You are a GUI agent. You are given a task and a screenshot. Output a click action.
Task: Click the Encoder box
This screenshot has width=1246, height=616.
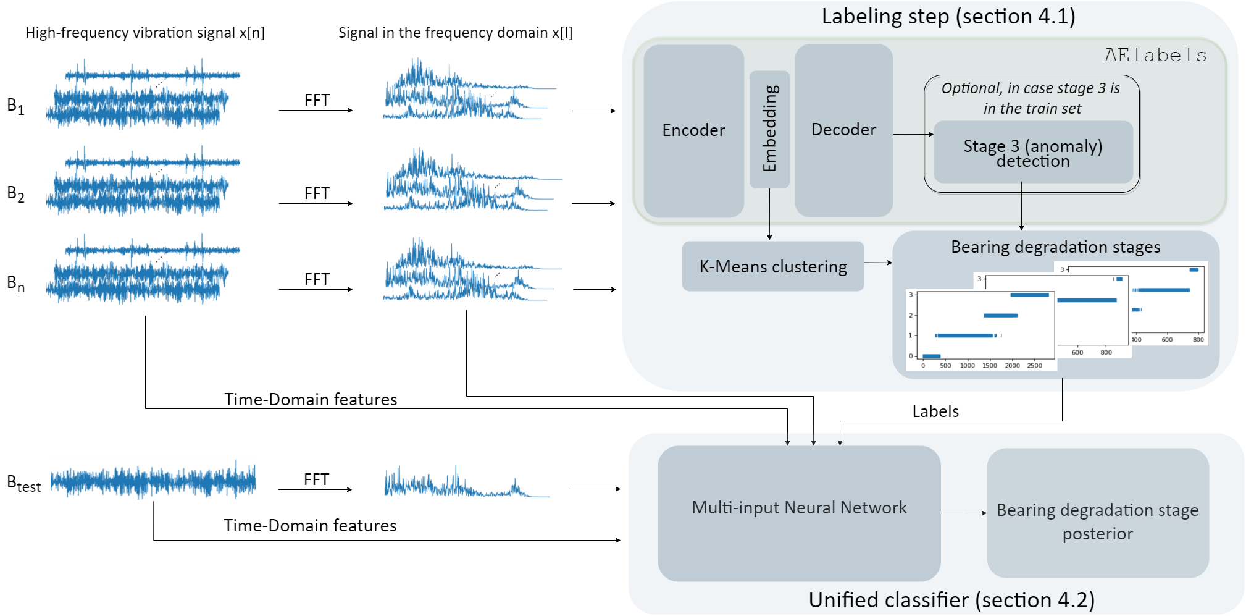[693, 130]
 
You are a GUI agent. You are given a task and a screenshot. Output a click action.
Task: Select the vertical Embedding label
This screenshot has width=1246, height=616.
[769, 129]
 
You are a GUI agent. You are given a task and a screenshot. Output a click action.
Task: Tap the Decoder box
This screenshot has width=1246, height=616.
[843, 130]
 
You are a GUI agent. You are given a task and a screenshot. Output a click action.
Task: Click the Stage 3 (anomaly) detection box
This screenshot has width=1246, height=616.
[1033, 153]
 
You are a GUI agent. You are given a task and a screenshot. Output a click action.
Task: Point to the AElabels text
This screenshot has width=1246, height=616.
[1155, 56]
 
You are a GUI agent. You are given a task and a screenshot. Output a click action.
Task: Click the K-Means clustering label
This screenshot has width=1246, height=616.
[773, 267]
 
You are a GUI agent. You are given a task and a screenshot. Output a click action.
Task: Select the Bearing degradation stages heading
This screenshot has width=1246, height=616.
[1055, 247]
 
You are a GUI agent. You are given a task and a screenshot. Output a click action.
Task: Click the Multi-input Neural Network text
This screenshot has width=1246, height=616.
[799, 508]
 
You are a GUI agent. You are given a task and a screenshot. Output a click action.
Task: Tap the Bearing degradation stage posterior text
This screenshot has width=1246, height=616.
[1097, 521]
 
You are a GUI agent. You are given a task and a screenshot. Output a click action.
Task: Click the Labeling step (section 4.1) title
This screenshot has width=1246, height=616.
[948, 17]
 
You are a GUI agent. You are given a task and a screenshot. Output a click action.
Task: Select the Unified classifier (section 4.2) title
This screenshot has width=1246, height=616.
[951, 600]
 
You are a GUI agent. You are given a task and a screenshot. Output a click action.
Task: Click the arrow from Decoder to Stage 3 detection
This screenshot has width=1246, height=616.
[913, 134]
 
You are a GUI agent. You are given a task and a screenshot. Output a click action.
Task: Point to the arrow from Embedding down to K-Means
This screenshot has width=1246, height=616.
[769, 214]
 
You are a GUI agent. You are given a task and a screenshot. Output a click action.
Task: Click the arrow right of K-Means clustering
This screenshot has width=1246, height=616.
[878, 263]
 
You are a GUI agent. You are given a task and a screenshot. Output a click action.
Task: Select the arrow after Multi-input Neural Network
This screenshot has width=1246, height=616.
[963, 513]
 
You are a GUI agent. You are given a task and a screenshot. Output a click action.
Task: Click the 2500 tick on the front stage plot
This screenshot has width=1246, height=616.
[1034, 366]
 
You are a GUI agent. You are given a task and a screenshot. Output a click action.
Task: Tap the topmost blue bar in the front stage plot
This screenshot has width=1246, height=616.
[1029, 295]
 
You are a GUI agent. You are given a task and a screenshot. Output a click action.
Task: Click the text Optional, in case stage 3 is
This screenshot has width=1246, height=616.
[1031, 88]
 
